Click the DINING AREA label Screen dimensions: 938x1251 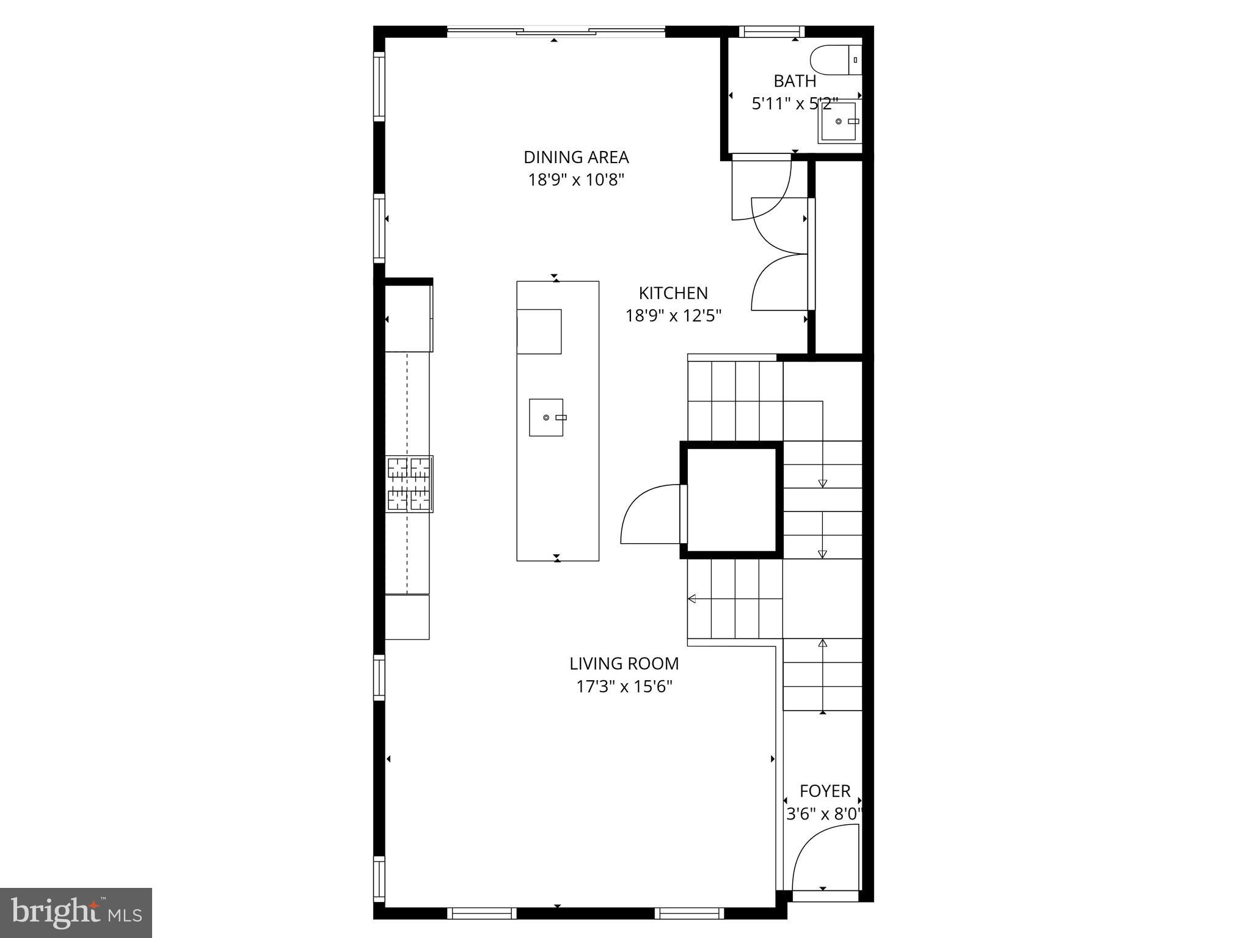[575, 157]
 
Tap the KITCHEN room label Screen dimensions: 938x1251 [673, 293]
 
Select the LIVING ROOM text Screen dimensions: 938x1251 [624, 664]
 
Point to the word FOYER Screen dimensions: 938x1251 [825, 791]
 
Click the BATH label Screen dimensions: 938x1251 [795, 81]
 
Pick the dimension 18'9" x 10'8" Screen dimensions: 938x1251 [575, 180]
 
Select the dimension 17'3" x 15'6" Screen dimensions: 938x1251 [624, 687]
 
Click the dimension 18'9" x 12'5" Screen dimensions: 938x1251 [673, 316]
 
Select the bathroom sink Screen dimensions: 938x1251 [839, 122]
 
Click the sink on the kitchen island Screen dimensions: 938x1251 [546, 417]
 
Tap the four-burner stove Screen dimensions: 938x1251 [409, 483]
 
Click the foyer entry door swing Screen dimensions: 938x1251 [822, 859]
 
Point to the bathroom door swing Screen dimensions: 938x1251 [764, 189]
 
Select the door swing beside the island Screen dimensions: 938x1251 [651, 514]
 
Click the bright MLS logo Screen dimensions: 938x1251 [76, 912]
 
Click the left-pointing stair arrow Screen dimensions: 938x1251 [692, 599]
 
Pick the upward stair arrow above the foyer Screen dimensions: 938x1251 [823, 643]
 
